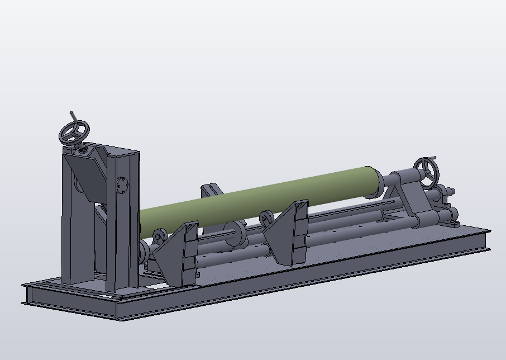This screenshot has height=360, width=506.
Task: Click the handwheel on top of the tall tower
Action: click(x=74, y=132)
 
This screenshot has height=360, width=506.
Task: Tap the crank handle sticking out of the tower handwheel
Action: click(x=73, y=116)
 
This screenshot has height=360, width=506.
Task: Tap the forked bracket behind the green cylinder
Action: click(x=211, y=190)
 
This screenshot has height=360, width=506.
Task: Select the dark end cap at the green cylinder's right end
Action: click(x=372, y=182)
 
